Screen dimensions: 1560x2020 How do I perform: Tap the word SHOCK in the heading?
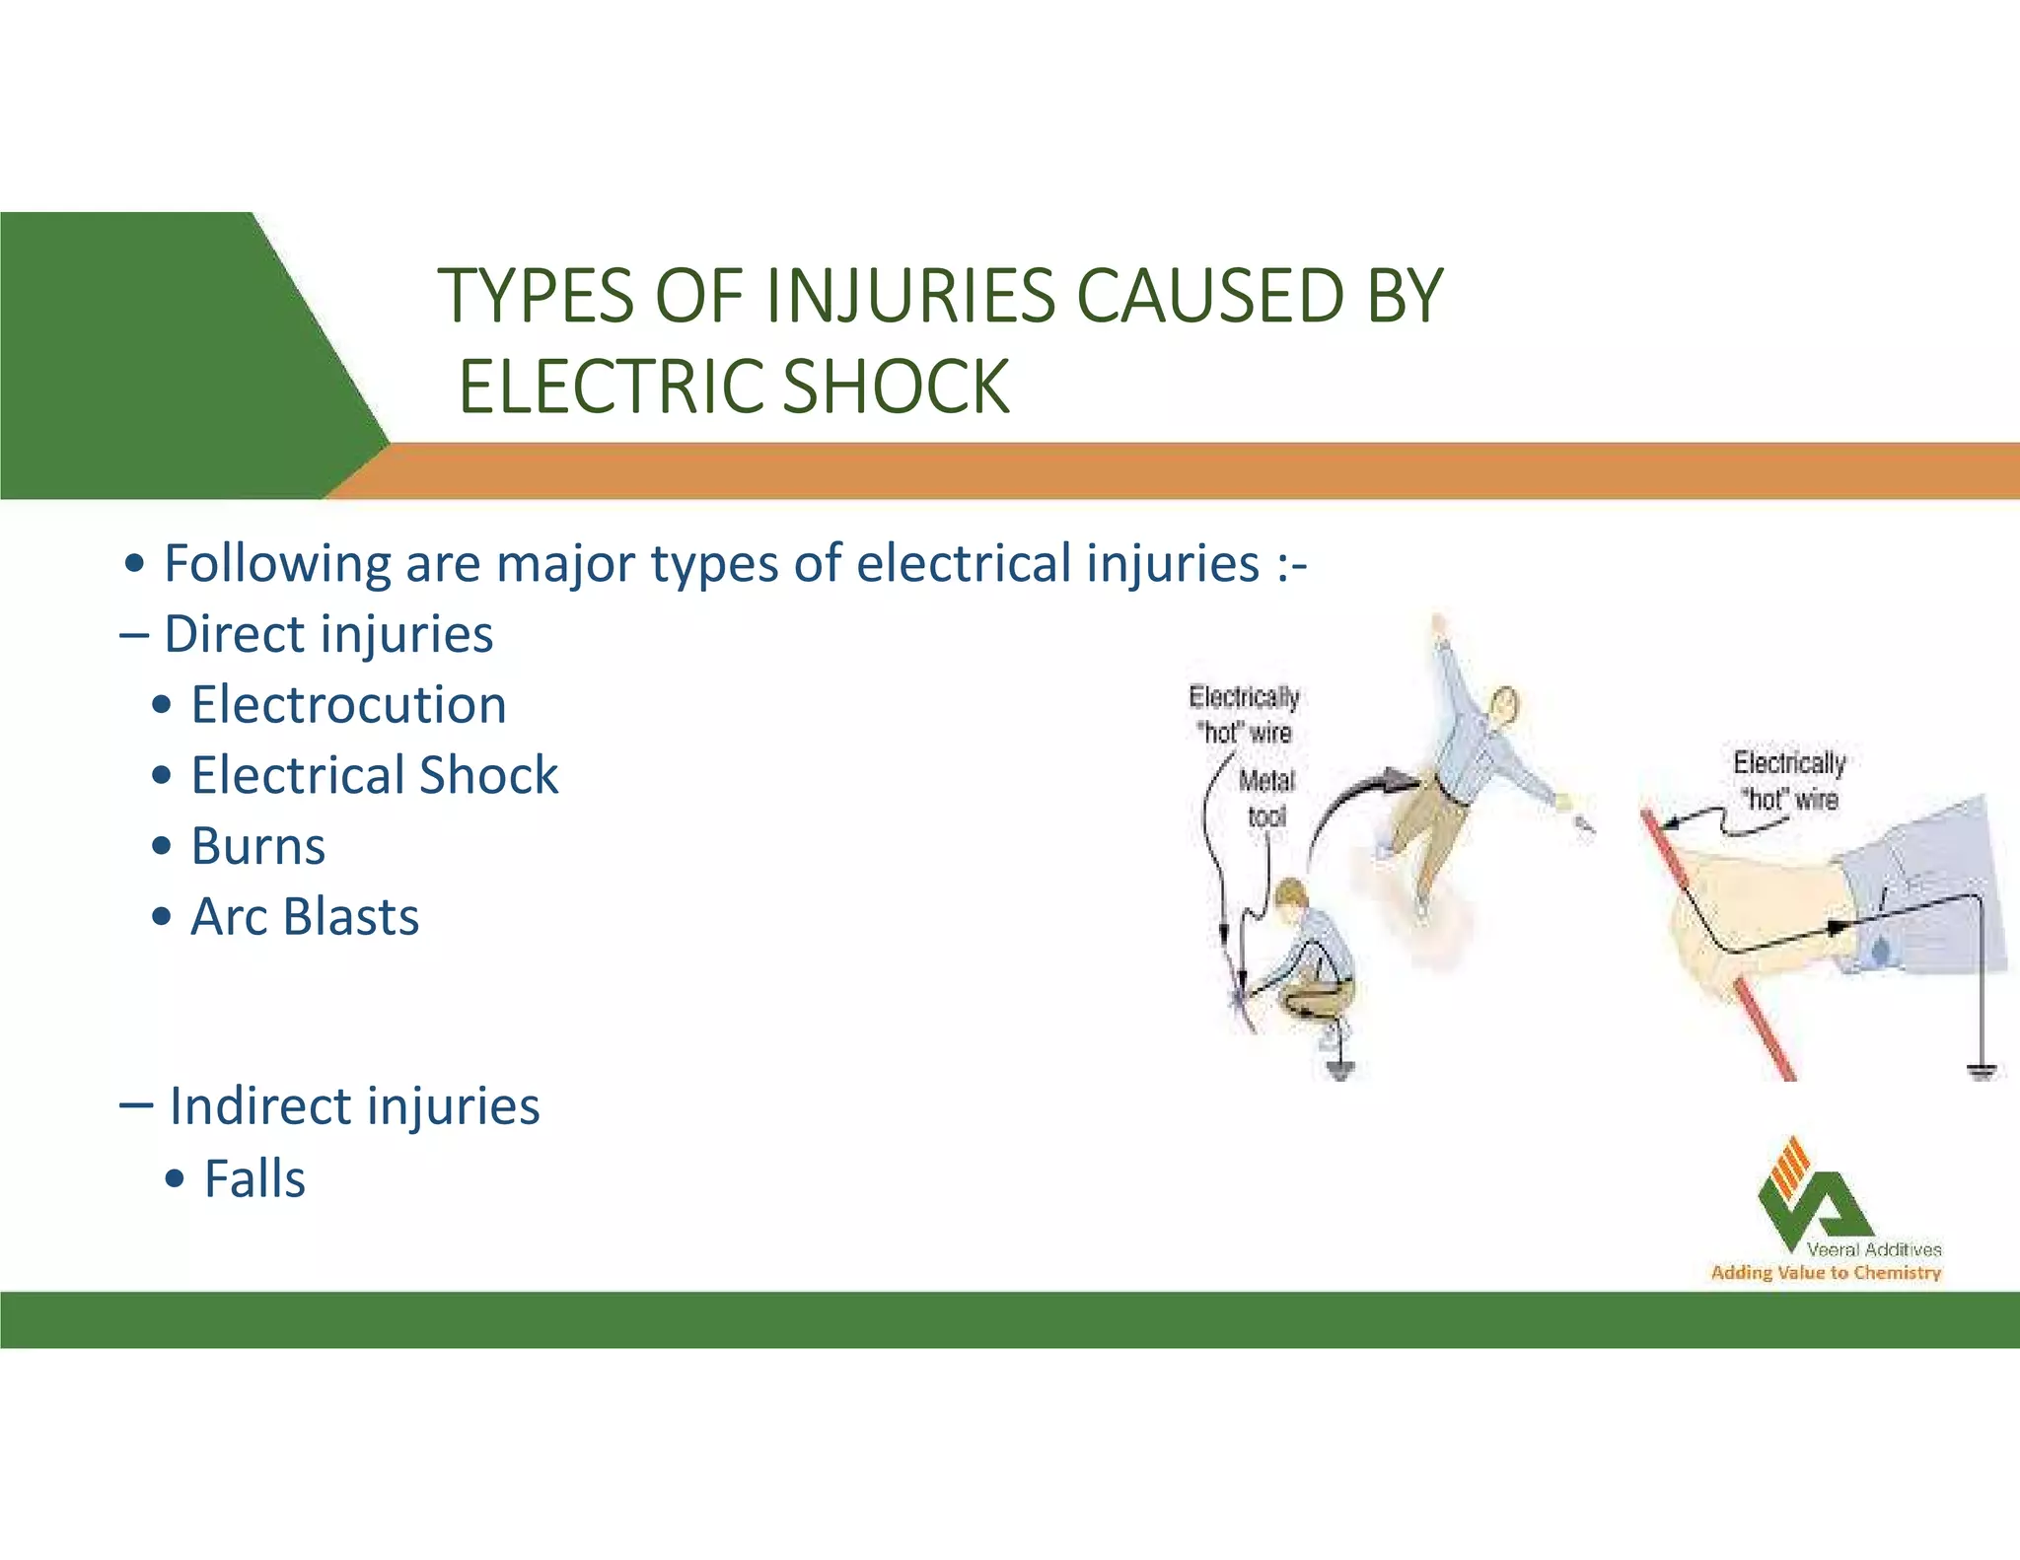[897, 387]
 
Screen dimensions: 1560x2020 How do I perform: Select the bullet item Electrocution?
[348, 705]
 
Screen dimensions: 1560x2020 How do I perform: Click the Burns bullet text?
[257, 846]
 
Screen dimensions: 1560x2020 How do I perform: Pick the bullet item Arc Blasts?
[304, 917]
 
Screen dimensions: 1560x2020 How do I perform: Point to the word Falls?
[254, 1178]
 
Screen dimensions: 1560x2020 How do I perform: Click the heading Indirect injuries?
[353, 1105]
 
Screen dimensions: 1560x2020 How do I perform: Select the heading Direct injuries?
[327, 634]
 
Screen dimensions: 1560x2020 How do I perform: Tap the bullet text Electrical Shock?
[374, 775]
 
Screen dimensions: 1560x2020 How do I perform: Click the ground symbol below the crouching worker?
[1339, 1069]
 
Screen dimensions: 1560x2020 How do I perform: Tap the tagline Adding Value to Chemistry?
[1825, 1273]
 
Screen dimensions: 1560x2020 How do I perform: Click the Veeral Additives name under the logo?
[1873, 1249]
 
